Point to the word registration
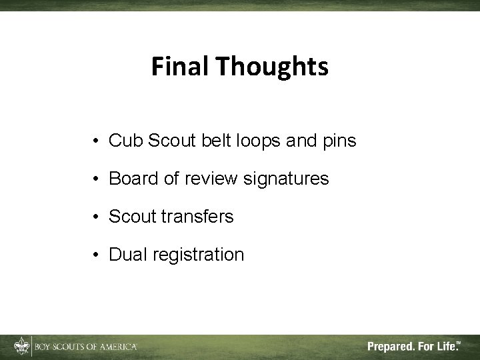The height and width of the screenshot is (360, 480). tap(198, 255)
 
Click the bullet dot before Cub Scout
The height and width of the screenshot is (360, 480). tap(97, 142)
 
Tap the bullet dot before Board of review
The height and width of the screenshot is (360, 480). tap(97, 180)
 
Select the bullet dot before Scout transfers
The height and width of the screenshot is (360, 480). tap(97, 218)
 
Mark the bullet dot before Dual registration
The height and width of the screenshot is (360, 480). tap(97, 256)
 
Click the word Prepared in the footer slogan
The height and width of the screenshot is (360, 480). tap(392, 347)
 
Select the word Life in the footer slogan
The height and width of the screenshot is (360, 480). tap(445, 347)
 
